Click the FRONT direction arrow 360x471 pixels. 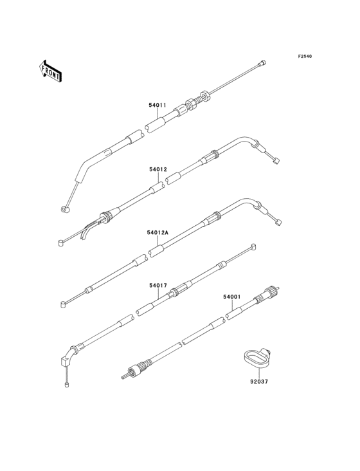point(50,71)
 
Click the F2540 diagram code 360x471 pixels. point(305,56)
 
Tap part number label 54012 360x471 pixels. point(158,169)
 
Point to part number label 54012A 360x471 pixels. point(157,232)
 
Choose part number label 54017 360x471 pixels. point(158,285)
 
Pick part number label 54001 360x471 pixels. point(232,297)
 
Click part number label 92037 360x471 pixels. point(259,382)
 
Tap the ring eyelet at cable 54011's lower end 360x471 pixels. point(65,209)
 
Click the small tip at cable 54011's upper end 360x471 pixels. point(263,63)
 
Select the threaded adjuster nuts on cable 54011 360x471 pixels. point(197,100)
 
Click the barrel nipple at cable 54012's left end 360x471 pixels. point(60,242)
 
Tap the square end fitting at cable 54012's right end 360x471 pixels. point(277,161)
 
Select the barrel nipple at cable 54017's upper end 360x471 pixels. point(253,247)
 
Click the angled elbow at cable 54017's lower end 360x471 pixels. point(67,357)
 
